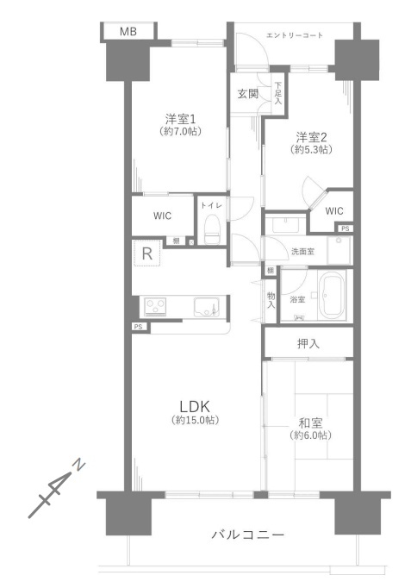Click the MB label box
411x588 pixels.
coord(128,32)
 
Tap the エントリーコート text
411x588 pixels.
coord(295,35)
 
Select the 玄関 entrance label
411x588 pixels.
coord(248,93)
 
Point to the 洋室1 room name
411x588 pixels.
coord(181,119)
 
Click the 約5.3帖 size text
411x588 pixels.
coord(311,150)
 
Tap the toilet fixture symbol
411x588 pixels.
coord(212,229)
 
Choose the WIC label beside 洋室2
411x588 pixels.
coord(334,211)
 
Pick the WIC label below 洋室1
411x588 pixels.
coord(162,216)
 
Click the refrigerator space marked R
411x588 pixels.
coord(147,253)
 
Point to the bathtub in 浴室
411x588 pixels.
coord(333,295)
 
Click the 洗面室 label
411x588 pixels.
coord(302,252)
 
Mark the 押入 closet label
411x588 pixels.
coord(308,343)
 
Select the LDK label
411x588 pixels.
coord(194,406)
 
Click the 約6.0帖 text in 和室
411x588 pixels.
coord(310,435)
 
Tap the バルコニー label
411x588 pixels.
coord(248,535)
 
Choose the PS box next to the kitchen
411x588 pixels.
coord(138,327)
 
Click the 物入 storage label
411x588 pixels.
coord(271,300)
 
